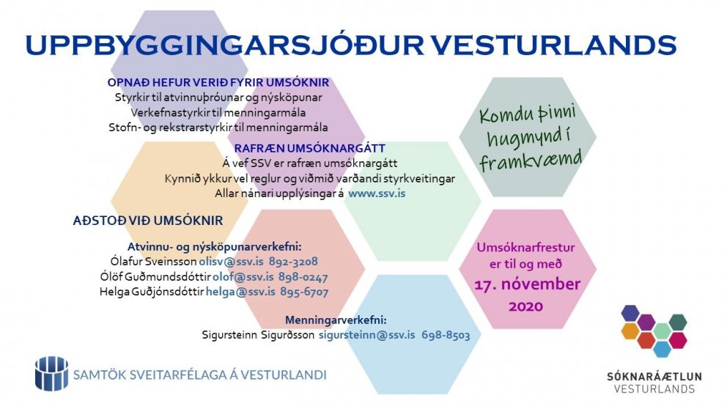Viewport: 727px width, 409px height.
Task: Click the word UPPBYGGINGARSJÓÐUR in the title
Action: tap(223, 45)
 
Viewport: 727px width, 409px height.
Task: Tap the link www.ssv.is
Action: tap(377, 194)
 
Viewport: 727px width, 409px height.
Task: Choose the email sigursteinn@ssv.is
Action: tap(366, 334)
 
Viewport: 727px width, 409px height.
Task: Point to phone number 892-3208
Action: tap(292, 261)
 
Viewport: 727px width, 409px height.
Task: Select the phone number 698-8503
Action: tap(445, 334)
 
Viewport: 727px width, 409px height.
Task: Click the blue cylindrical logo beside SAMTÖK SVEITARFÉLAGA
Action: tap(51, 373)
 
